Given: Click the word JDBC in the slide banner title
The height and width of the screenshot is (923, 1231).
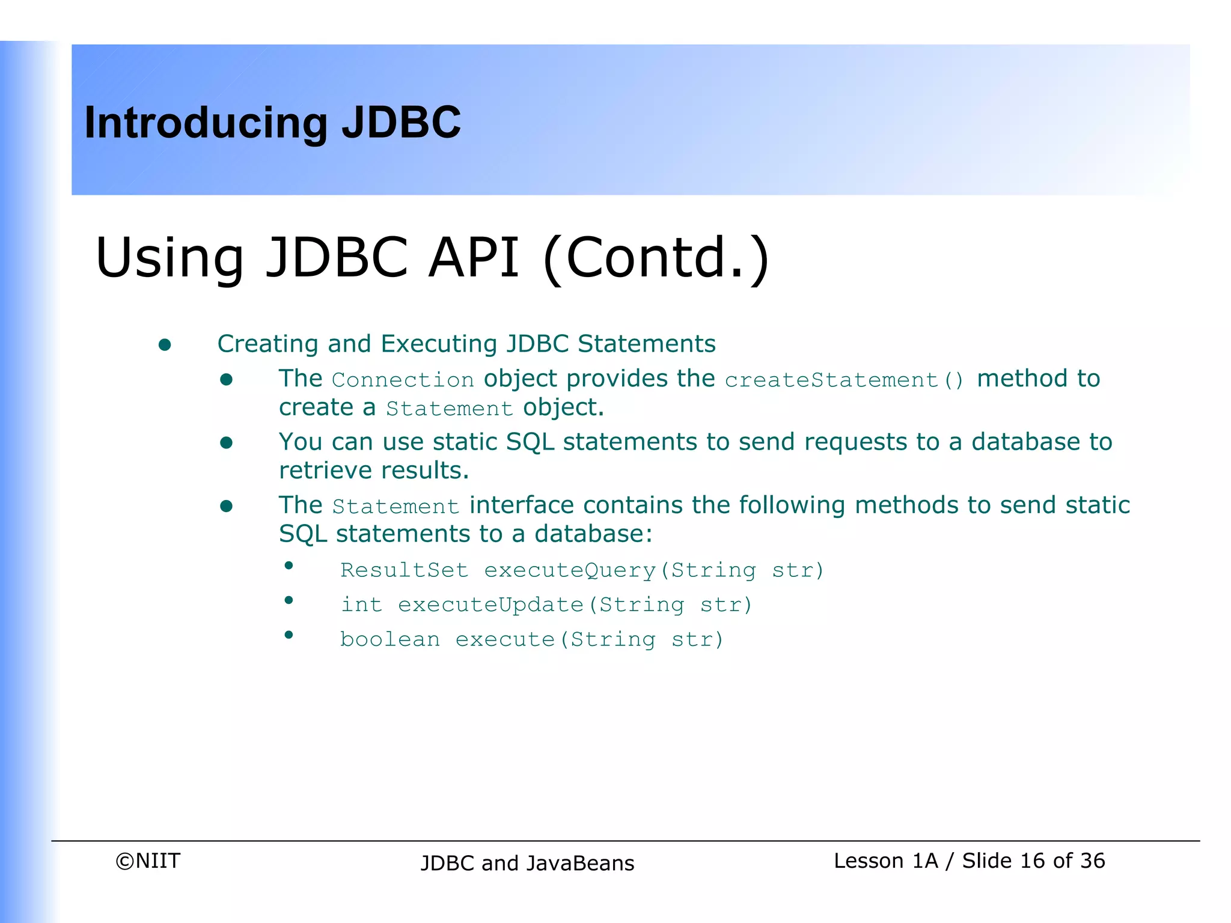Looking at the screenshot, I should click(401, 123).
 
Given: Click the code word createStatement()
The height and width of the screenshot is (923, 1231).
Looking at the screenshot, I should click(844, 380).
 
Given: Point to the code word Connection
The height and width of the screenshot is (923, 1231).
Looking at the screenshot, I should click(403, 380).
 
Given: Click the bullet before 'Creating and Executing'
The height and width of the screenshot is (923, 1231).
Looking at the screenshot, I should click(165, 345).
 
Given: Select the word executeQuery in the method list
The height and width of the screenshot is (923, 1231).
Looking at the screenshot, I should click(570, 570).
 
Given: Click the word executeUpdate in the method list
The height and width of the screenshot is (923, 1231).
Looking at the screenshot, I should click(490, 605).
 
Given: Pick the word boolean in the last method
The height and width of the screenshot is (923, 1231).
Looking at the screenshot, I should click(389, 639).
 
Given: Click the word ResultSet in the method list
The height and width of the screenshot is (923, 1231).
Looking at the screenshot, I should click(404, 570).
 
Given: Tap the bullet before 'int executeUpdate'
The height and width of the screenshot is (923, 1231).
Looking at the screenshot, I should click(289, 600).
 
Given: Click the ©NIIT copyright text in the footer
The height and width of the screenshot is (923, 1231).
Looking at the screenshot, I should click(148, 861).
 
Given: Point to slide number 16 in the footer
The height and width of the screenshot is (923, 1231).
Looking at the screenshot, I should click(1032, 861).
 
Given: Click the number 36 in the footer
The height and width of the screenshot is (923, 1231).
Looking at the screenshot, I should click(1092, 861).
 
